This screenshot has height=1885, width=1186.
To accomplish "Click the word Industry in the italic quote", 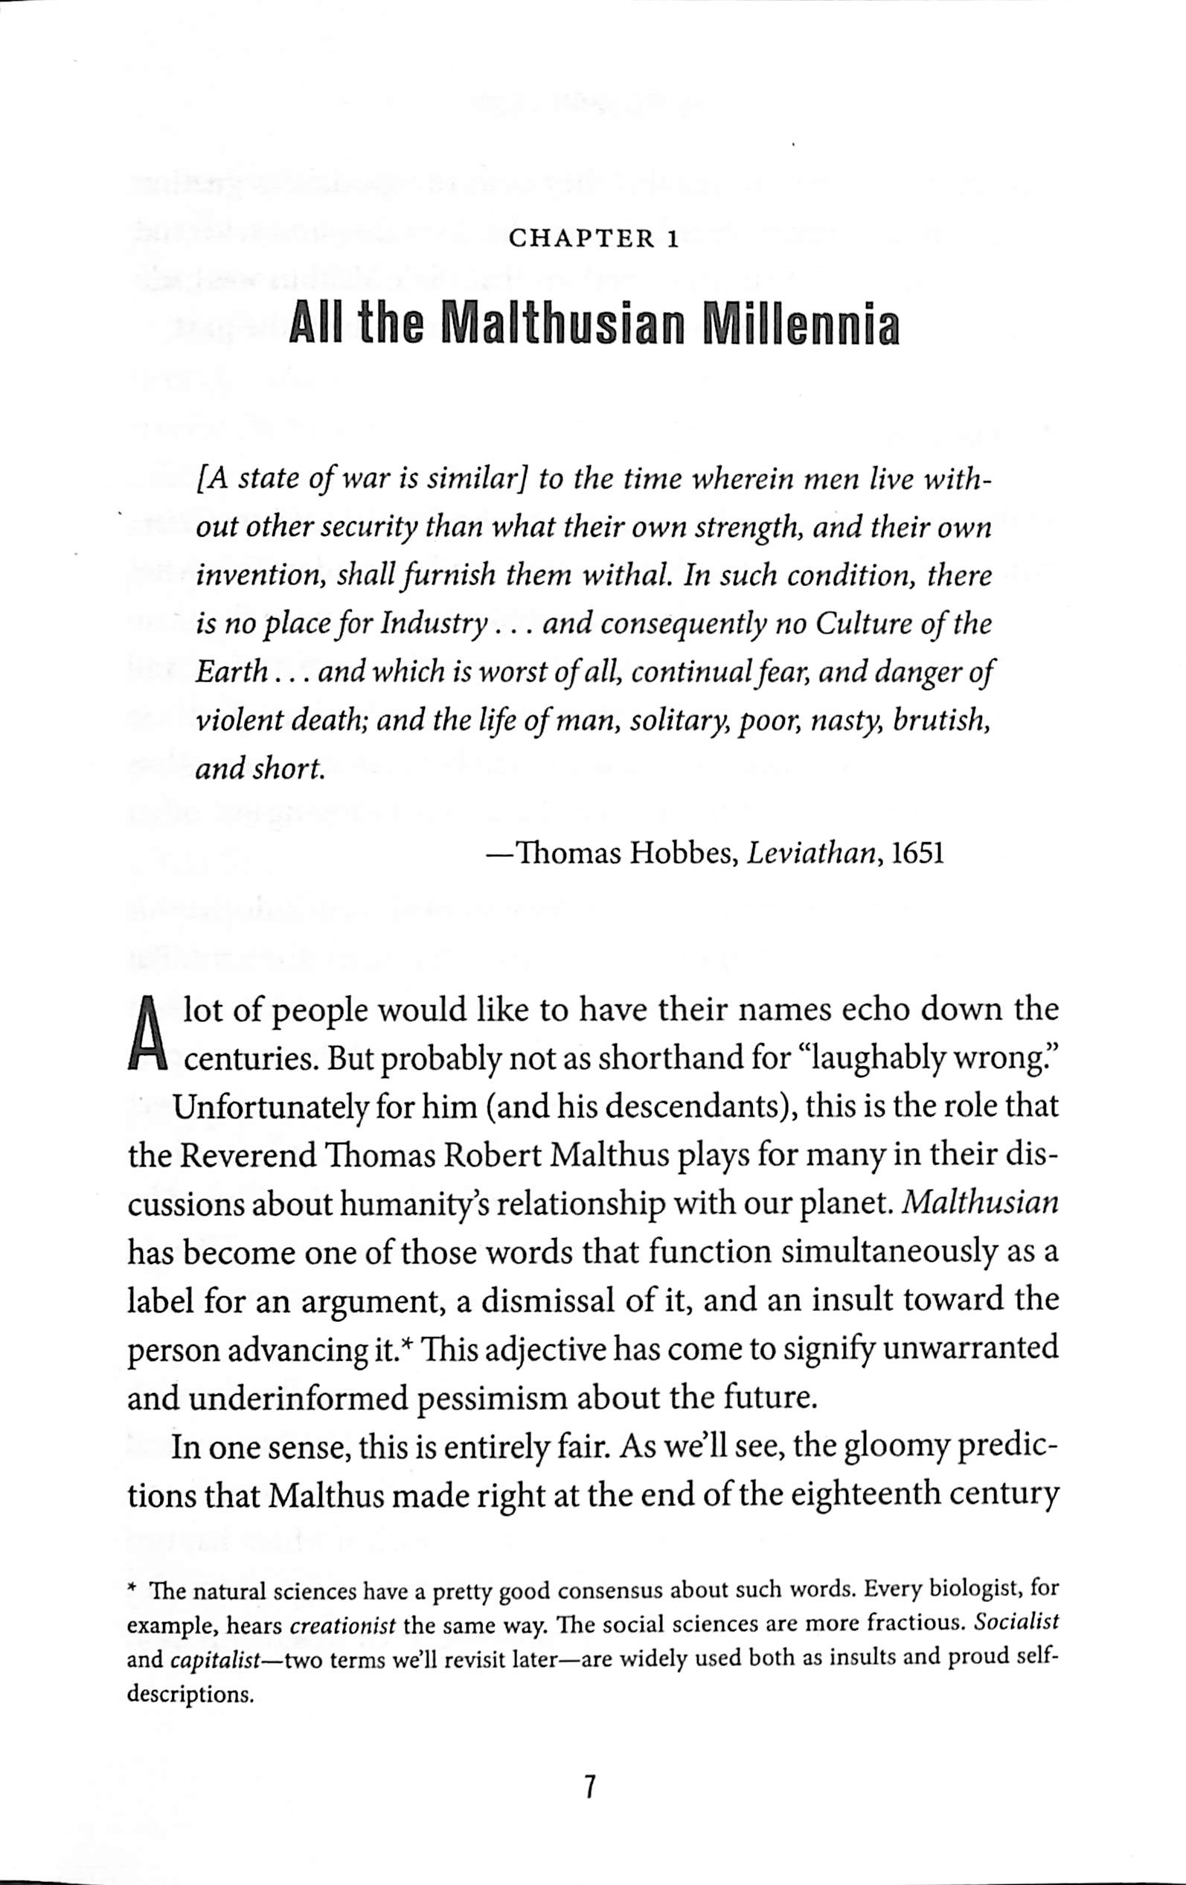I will [429, 624].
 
